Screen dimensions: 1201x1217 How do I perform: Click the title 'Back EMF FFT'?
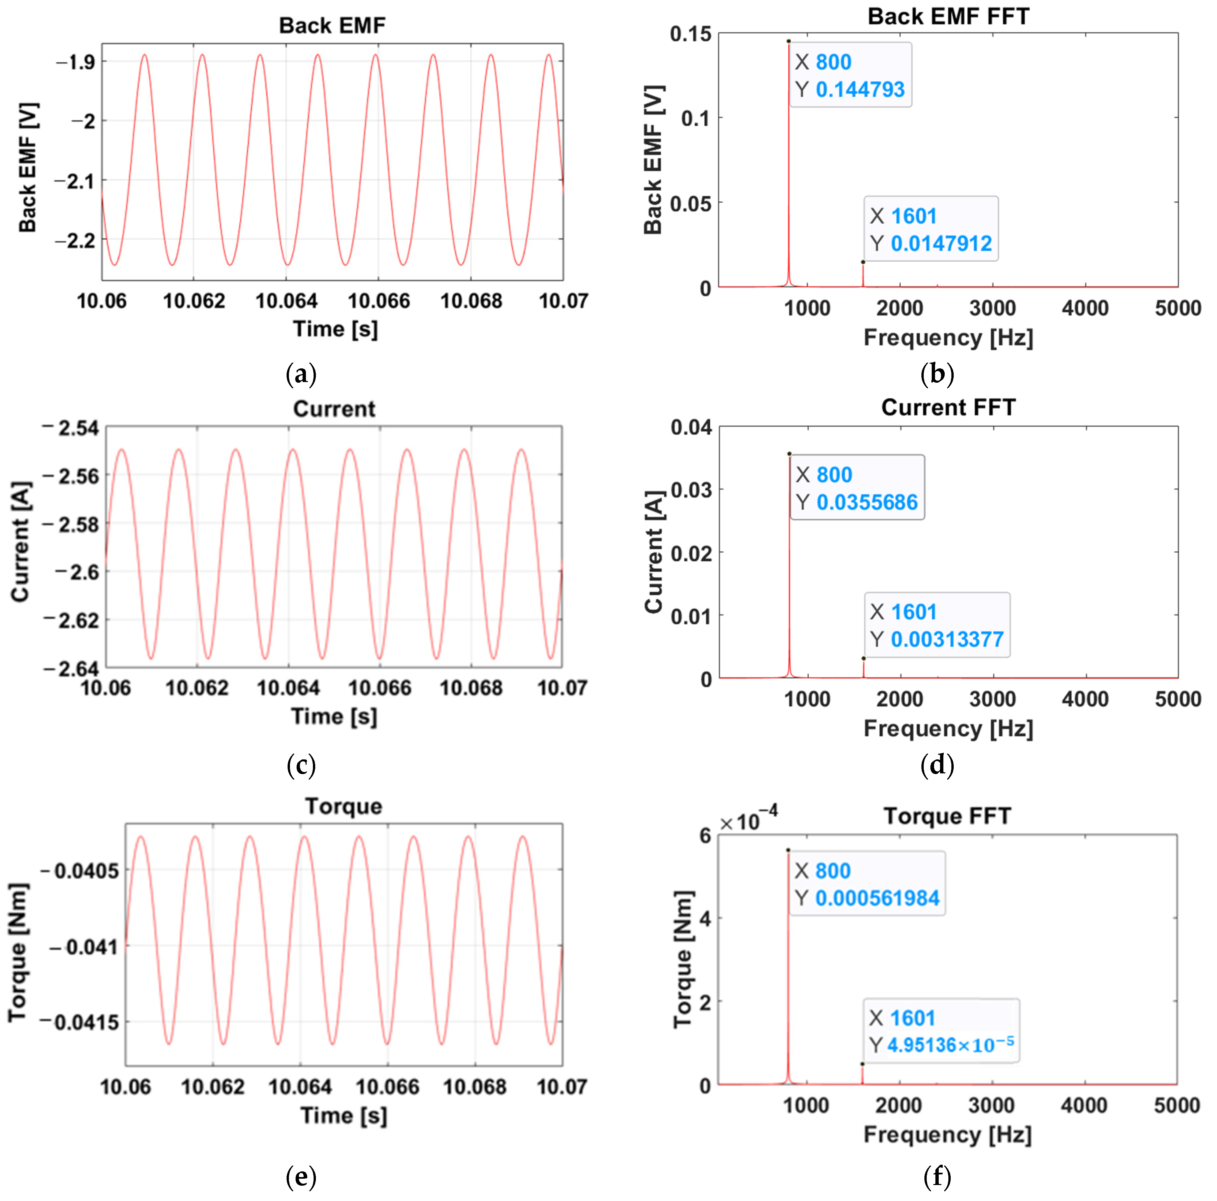pyautogui.click(x=948, y=16)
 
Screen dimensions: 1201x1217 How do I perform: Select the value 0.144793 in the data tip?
pyautogui.click(x=860, y=90)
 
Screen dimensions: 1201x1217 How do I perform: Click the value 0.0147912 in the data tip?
pyautogui.click(x=941, y=243)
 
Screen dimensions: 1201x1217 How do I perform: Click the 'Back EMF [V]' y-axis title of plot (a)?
pyautogui.click(x=28, y=167)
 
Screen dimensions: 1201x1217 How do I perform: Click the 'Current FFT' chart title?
pyautogui.click(x=948, y=407)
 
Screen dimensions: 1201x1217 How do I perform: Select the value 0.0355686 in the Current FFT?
pyautogui.click(x=867, y=502)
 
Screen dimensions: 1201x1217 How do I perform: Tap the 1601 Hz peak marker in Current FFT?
pyautogui.click(x=863, y=658)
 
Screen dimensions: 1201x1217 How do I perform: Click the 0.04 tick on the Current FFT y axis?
pyautogui.click(x=691, y=427)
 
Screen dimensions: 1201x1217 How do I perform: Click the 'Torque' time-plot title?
pyautogui.click(x=343, y=806)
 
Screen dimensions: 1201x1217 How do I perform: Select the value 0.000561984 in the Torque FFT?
pyautogui.click(x=877, y=898)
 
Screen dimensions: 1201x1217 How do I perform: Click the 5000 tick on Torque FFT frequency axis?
pyautogui.click(x=1176, y=1105)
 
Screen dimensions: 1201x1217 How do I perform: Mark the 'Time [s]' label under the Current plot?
pyautogui.click(x=334, y=716)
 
